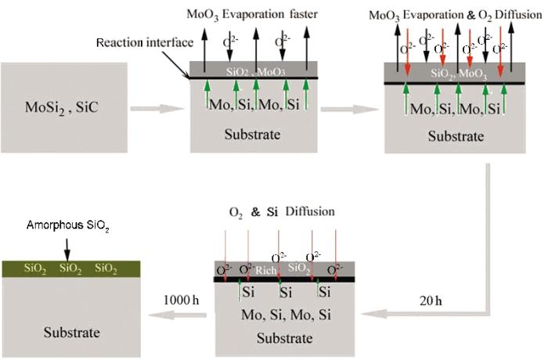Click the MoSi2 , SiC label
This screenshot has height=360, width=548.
(62, 107)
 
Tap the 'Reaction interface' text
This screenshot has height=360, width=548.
(145, 42)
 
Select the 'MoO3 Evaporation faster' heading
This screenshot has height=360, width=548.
(252, 15)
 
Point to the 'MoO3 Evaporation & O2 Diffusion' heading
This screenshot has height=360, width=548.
(456, 16)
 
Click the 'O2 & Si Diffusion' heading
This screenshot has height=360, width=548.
(282, 212)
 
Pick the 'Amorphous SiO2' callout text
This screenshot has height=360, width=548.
(68, 226)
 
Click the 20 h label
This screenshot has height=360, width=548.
(431, 301)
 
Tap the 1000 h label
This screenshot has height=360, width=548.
(181, 300)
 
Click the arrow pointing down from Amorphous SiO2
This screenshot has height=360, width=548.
(67, 250)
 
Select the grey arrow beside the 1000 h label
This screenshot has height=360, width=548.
(178, 315)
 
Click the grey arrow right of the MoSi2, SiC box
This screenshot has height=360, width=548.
(157, 109)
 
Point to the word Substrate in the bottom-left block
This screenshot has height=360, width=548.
(72, 333)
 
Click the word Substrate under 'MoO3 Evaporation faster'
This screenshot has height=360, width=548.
(252, 135)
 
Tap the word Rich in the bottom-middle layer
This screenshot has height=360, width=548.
(266, 271)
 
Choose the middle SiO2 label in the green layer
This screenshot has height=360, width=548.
(70, 268)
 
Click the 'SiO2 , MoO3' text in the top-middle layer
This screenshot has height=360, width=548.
(255, 72)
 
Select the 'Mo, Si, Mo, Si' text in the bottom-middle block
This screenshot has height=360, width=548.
(286, 315)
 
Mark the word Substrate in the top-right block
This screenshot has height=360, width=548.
(456, 136)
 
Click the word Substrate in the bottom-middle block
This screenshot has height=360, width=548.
(285, 338)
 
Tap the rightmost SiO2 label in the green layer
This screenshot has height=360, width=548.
(106, 268)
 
